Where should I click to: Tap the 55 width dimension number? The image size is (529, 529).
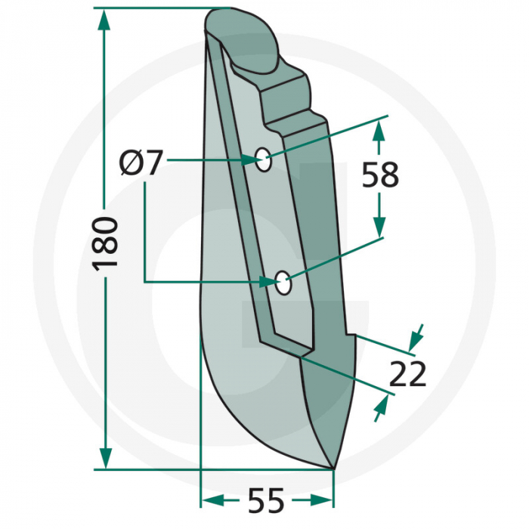coord(265,501)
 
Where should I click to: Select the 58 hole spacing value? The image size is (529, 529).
coord(379,175)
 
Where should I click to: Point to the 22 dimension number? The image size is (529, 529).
coord(409,374)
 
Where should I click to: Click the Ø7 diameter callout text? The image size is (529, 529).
coord(141,162)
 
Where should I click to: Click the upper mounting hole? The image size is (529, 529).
coord(263,159)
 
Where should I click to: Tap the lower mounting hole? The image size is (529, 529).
coord(283,283)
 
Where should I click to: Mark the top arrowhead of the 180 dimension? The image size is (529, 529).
coord(105,20)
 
